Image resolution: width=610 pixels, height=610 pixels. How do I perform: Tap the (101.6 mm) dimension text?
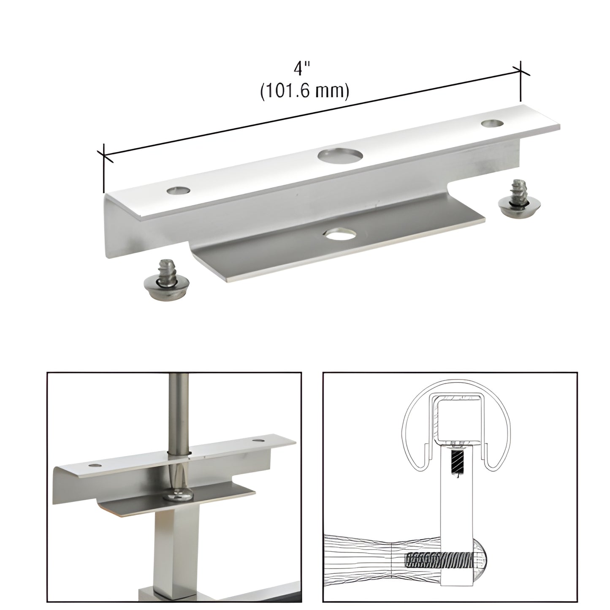click(304, 91)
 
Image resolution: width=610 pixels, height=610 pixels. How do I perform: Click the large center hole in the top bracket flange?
click(340, 156)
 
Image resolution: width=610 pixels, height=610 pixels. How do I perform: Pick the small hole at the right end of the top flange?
click(492, 123)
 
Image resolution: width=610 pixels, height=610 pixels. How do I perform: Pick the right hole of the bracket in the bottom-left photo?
click(257, 441)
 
